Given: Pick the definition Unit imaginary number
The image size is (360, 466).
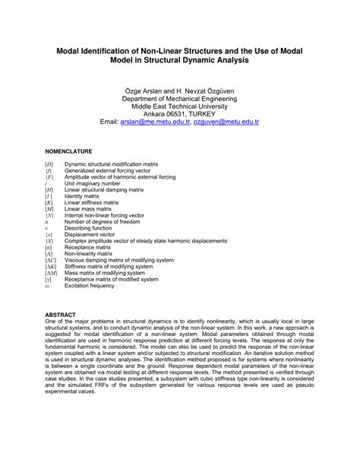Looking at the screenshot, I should [93, 183].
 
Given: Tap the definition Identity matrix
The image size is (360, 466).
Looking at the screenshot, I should [84, 196].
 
